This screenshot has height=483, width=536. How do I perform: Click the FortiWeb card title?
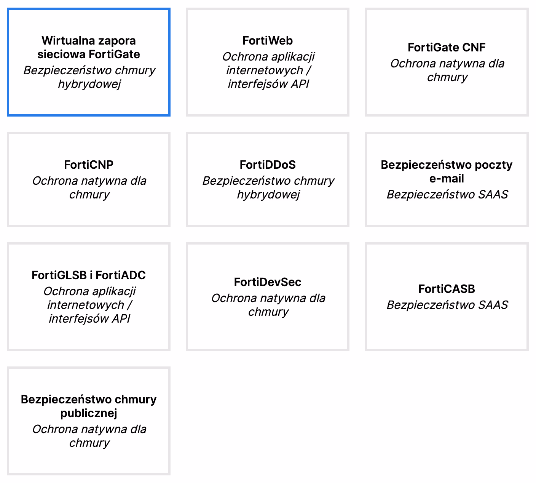pyautogui.click(x=268, y=40)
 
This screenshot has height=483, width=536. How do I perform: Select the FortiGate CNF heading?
pyautogui.click(x=447, y=47)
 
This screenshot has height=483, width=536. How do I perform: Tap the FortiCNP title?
pyautogui.click(x=89, y=165)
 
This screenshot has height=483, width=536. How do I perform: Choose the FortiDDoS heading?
pyautogui.click(x=268, y=165)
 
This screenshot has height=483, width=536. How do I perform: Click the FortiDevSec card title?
pyautogui.click(x=268, y=282)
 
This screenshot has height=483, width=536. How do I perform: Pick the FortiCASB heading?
pyautogui.click(x=447, y=289)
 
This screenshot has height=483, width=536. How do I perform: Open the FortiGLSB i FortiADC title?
pyautogui.click(x=89, y=275)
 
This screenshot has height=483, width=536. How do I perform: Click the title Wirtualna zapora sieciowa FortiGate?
pyautogui.click(x=89, y=47)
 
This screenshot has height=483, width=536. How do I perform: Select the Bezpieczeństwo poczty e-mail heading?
pyautogui.click(x=447, y=171)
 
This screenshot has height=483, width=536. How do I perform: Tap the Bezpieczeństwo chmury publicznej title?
pyautogui.click(x=89, y=406)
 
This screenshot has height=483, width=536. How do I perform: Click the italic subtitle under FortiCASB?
pyautogui.click(x=447, y=305)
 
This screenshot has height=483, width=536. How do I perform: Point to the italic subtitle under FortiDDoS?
pyautogui.click(x=268, y=187)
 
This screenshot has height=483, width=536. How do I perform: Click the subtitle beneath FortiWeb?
pyautogui.click(x=268, y=70)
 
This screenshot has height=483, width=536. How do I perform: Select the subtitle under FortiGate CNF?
pyautogui.click(x=447, y=70)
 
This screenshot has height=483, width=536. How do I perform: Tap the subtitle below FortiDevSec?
pyautogui.click(x=268, y=305)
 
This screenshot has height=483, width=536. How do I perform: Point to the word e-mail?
pyautogui.click(x=447, y=178)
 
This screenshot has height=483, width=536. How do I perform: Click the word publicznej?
pyautogui.click(x=89, y=413)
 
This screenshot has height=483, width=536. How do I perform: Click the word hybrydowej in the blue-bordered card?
pyautogui.click(x=89, y=84)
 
